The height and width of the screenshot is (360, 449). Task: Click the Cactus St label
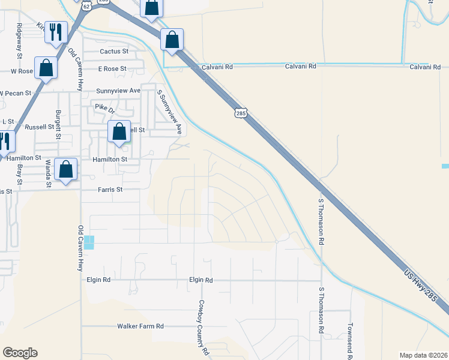coord(114,52)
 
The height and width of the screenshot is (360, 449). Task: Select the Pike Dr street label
coord(104,108)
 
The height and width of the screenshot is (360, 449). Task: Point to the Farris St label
coord(110,190)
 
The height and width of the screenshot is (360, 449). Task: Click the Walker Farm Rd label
coord(140,326)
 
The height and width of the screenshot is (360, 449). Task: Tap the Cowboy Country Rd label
coord(203,326)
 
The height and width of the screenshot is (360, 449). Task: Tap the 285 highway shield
coord(241,113)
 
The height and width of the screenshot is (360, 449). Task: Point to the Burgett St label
coord(58,124)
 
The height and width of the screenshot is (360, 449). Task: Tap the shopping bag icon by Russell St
coord(119,132)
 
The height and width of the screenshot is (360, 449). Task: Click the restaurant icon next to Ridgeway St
coord(56,32)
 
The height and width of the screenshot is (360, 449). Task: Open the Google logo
coord(20,353)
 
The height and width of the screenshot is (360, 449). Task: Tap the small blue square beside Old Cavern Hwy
coord(89,242)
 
